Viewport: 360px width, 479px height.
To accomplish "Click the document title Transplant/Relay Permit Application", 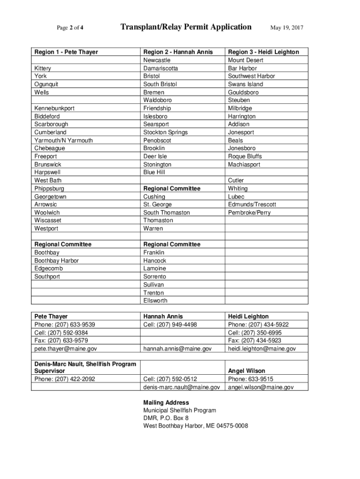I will pyautogui.click(x=186, y=27).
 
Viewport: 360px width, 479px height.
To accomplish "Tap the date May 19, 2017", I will pyautogui.click(x=287, y=28).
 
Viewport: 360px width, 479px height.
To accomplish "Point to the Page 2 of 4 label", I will pyautogui.click(x=70, y=28).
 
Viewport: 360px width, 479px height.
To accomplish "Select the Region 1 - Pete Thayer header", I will pyautogui.click(x=66, y=52).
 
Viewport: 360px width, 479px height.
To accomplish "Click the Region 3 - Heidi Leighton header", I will pyautogui.click(x=263, y=52).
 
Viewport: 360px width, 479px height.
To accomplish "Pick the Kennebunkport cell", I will pyautogui.click(x=54, y=108).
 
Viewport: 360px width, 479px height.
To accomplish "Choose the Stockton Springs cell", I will pyautogui.click(x=166, y=132).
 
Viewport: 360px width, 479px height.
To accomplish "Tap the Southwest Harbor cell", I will pyautogui.click(x=252, y=76).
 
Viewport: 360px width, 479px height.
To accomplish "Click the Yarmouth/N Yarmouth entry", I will pyautogui.click(x=64, y=140).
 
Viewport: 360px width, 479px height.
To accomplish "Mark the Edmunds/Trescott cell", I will pyautogui.click(x=252, y=204).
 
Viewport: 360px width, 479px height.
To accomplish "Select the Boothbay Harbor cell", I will pyautogui.click(x=57, y=261).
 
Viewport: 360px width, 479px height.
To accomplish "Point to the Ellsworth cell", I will pyautogui.click(x=155, y=301).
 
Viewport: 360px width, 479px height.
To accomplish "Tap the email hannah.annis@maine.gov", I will pyautogui.click(x=178, y=349).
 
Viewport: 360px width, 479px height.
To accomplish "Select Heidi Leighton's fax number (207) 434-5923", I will pyautogui.click(x=258, y=341).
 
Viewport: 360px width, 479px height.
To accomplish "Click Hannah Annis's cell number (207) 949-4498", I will pyautogui.click(x=170, y=325).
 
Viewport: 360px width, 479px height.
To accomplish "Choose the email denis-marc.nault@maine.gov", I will pyautogui.click(x=181, y=387).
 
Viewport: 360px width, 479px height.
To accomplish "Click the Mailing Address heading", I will pyautogui.click(x=166, y=403).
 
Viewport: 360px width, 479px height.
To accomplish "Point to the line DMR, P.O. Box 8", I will pyautogui.click(x=166, y=418).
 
